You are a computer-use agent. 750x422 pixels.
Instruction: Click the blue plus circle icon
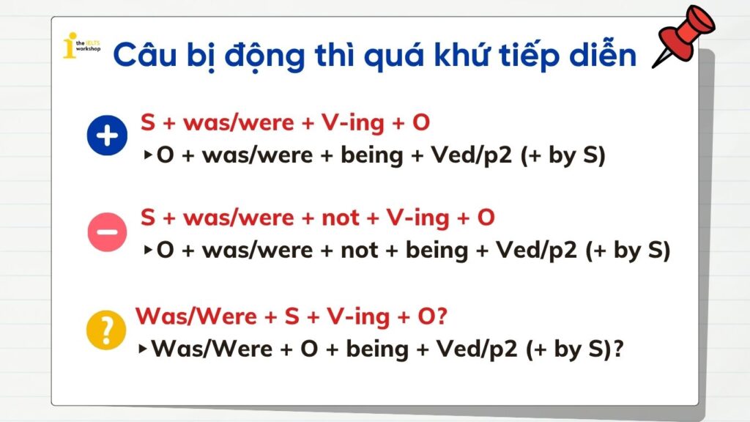click(107, 138)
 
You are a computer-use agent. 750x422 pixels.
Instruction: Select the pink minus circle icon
click(107, 233)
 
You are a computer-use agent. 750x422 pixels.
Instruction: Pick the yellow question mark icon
click(107, 330)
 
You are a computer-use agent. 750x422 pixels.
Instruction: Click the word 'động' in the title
click(260, 55)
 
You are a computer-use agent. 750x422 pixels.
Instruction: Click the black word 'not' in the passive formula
click(360, 251)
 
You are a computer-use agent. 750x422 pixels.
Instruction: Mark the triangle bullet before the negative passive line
click(149, 251)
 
